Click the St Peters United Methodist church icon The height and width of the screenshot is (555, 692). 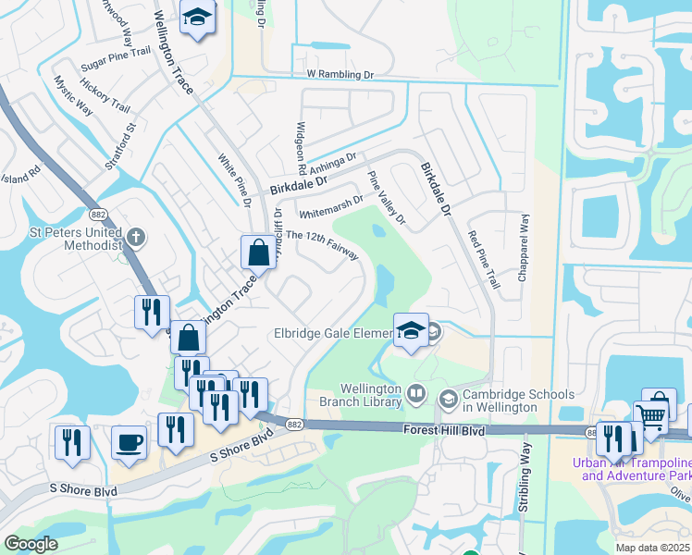(x=136, y=238)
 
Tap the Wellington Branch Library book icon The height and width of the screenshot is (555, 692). (x=416, y=395)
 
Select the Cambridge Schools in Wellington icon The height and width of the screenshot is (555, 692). (x=449, y=399)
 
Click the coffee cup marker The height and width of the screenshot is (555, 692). (x=130, y=441)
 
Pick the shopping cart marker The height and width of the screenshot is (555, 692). (x=650, y=418)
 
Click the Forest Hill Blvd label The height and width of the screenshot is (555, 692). (x=445, y=430)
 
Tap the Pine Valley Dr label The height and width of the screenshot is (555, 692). (x=388, y=199)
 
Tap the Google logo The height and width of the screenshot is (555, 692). (x=31, y=544)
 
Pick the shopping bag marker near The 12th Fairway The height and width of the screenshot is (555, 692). (x=255, y=251)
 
